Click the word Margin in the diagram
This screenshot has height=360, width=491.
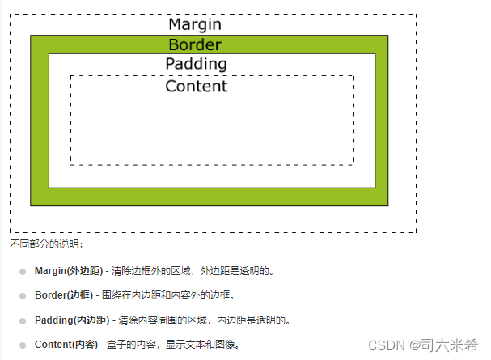pyautogui.click(x=194, y=24)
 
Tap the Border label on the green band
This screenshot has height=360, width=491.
pyautogui.click(x=194, y=44)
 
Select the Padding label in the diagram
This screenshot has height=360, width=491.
pyautogui.click(x=196, y=64)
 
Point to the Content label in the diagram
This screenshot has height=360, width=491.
pyautogui.click(x=196, y=86)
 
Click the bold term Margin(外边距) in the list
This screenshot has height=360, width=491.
pyautogui.click(x=68, y=271)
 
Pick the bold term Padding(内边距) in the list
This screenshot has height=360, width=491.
pyautogui.click(x=72, y=320)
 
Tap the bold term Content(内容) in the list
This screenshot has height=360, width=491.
pyautogui.click(x=66, y=345)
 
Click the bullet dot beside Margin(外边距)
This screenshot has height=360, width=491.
pyautogui.click(x=23, y=272)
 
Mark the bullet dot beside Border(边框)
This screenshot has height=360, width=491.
pyautogui.click(x=23, y=296)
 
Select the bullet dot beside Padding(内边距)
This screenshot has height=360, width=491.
pyautogui.click(x=23, y=320)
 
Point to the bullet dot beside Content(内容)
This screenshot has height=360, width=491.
pyautogui.click(x=23, y=345)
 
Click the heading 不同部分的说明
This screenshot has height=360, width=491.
pyautogui.click(x=45, y=244)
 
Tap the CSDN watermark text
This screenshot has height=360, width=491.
pyautogui.click(x=385, y=345)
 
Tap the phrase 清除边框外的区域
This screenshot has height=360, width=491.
pyautogui.click(x=150, y=271)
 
